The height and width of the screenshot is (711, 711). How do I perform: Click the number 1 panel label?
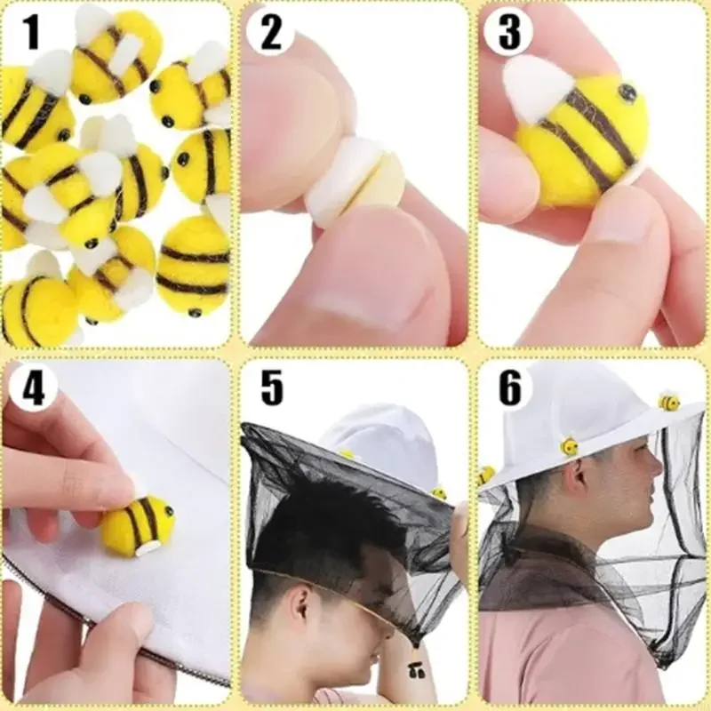click(x=30, y=32)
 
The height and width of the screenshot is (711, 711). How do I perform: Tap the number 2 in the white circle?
click(x=271, y=33)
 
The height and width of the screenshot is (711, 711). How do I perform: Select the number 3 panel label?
click(x=509, y=33)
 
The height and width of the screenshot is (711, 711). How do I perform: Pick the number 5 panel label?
click(x=272, y=387)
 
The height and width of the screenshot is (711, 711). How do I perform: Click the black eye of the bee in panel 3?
click(x=628, y=92)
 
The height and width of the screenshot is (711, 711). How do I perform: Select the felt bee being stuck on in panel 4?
click(x=138, y=525)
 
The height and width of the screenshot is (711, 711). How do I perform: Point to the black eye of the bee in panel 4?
click(x=171, y=511)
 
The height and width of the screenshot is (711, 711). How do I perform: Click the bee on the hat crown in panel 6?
click(x=669, y=401)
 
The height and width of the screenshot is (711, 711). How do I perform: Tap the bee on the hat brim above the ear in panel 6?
click(x=569, y=446)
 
